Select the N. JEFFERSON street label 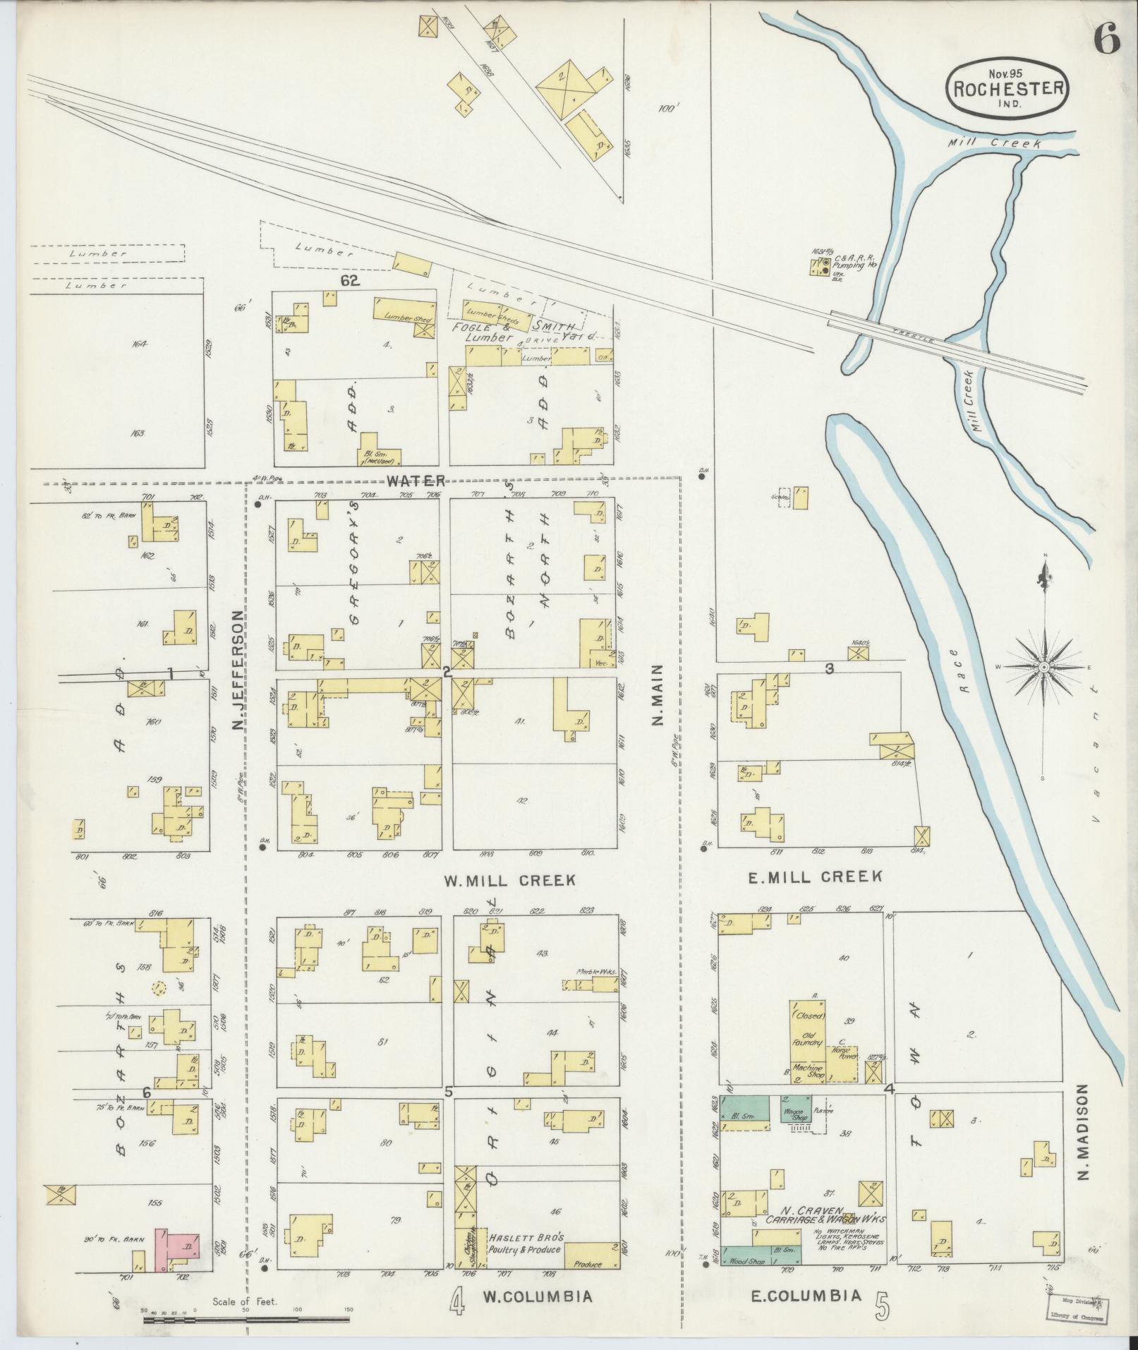coord(238,671)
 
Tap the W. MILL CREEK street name coord(509,880)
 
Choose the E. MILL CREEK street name coord(814,876)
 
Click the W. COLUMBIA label coord(537,1296)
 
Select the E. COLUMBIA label coord(806,1295)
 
